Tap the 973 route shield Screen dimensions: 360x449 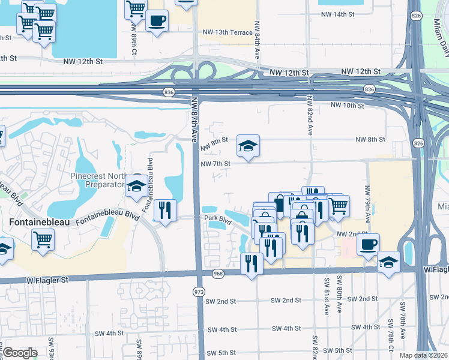[199, 291]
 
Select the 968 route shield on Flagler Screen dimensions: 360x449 [218, 274]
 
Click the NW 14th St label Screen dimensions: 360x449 [338, 14]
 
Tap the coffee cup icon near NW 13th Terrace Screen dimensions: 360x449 [157, 21]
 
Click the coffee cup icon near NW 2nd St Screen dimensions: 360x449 [369, 244]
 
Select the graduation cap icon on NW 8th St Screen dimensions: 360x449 [248, 145]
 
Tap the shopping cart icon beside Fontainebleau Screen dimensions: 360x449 [43, 240]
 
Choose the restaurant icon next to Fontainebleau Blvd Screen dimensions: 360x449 [164, 210]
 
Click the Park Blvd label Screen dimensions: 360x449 [217, 220]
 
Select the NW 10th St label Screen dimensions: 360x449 [347, 105]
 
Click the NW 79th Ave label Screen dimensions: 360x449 [367, 203]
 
